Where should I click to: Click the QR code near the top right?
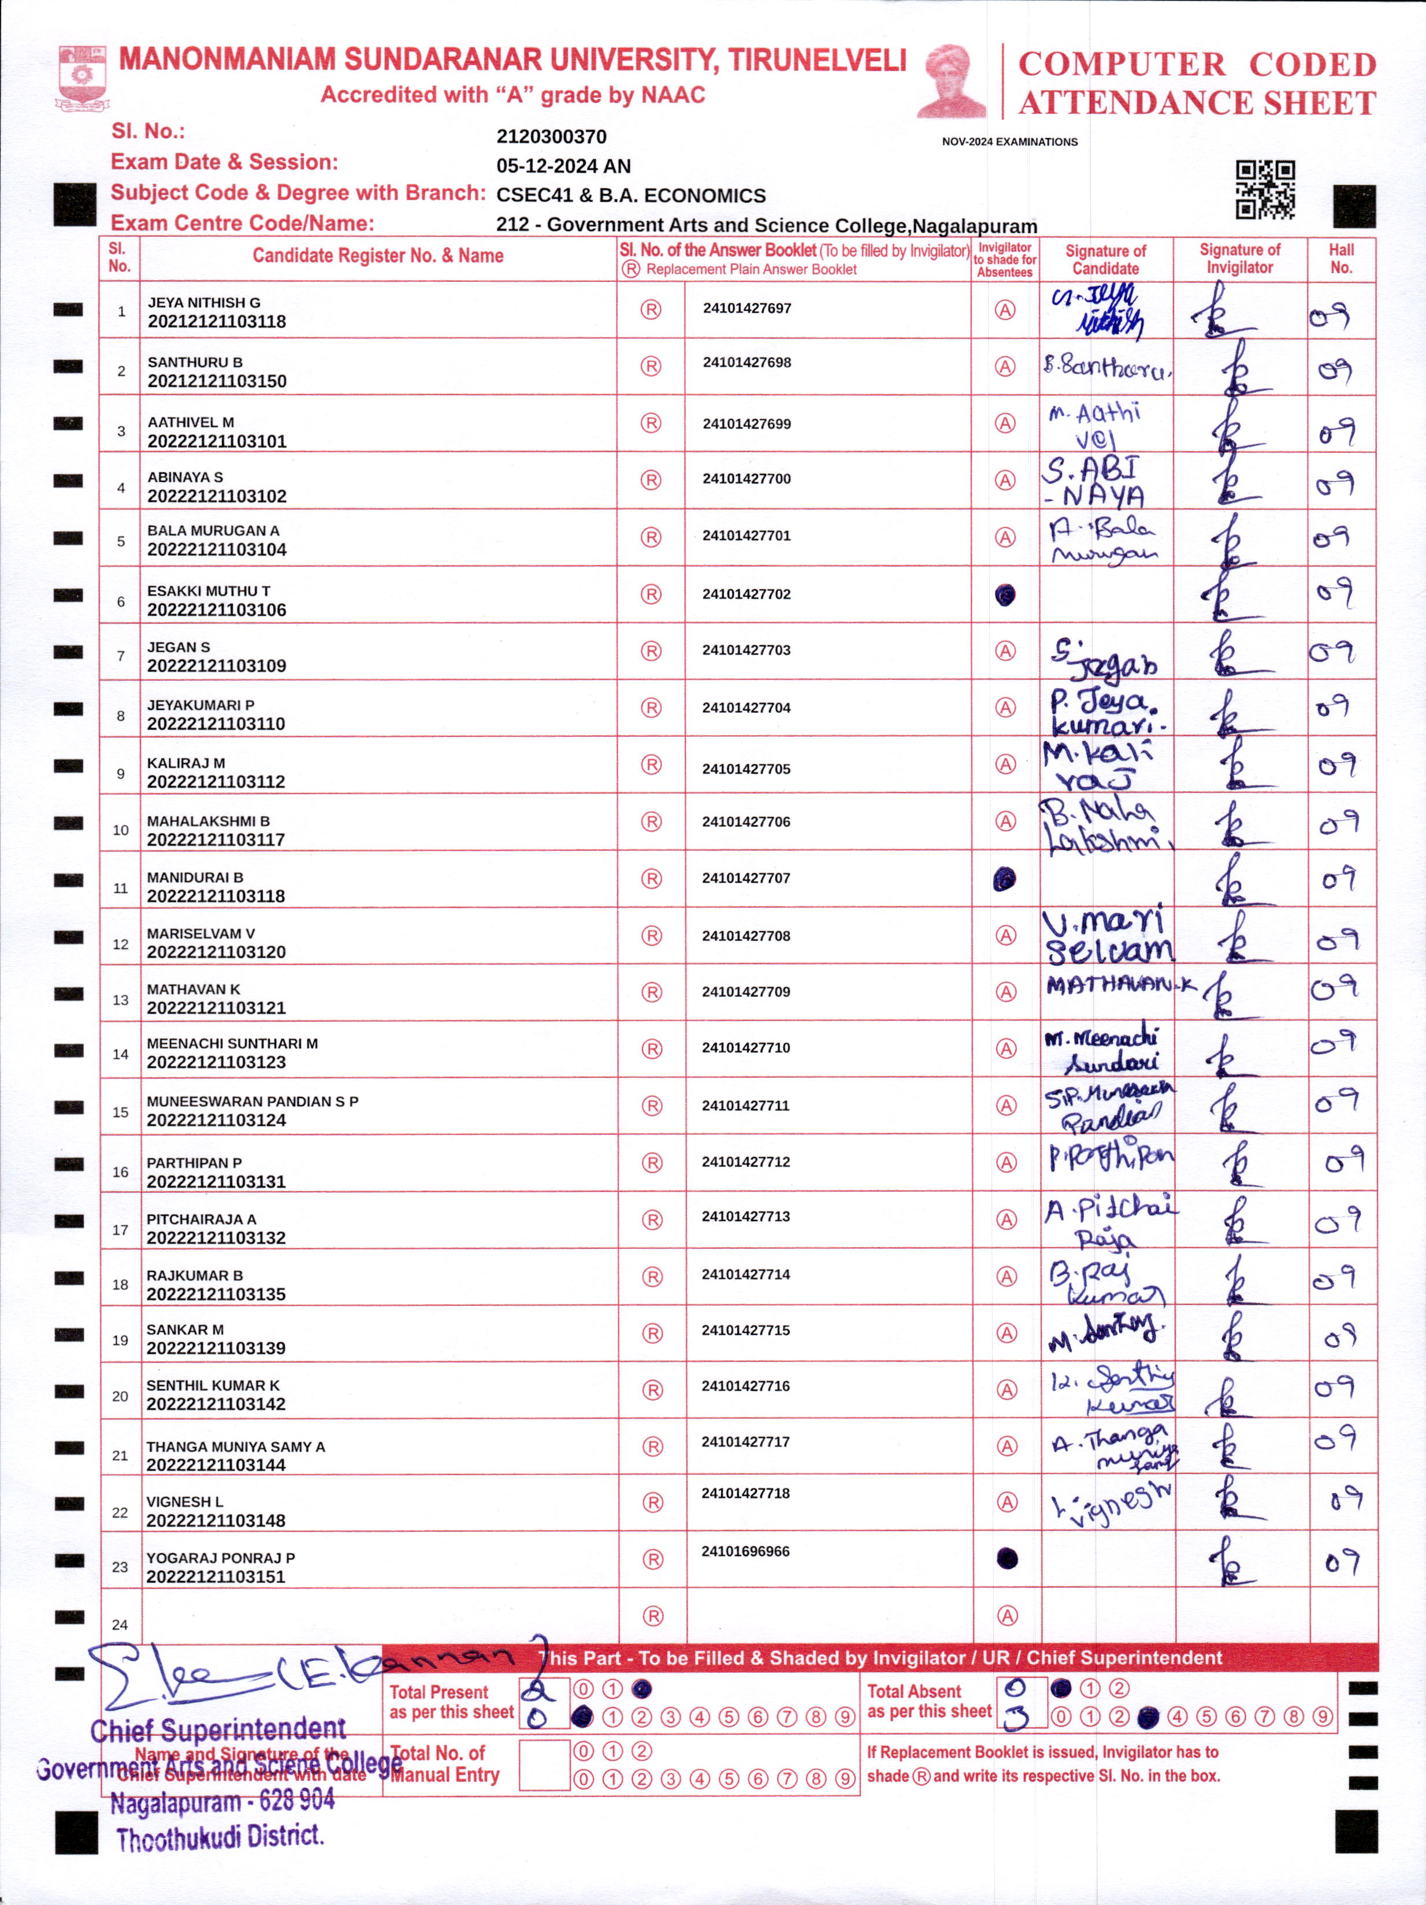pyautogui.click(x=1265, y=189)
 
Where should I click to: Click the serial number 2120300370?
pyautogui.click(x=551, y=137)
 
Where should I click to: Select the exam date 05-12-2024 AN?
pyautogui.click(x=563, y=166)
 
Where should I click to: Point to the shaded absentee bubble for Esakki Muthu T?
pyautogui.click(x=1005, y=594)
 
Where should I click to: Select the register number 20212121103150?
pyautogui.click(x=217, y=381)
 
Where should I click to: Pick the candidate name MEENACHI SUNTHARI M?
pyautogui.click(x=232, y=1044)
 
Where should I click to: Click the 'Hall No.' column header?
pyautogui.click(x=1340, y=258)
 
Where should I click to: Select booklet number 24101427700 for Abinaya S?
pyautogui.click(x=746, y=479)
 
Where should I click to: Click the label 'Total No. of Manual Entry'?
pyautogui.click(x=444, y=1763)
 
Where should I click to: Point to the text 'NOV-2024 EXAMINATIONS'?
pyautogui.click(x=1010, y=142)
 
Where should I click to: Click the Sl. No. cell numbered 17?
pyautogui.click(x=120, y=1230)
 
